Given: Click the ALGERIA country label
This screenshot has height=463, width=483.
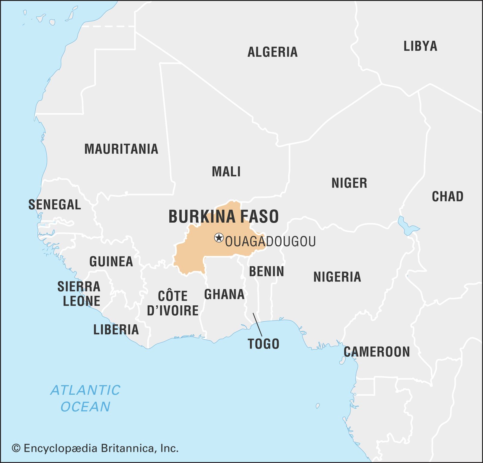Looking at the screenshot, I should [x=272, y=52].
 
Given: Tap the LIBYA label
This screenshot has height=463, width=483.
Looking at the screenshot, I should [x=420, y=46].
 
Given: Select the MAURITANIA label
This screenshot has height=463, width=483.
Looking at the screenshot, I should [x=121, y=149].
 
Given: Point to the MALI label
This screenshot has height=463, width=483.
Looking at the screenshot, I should [x=226, y=172].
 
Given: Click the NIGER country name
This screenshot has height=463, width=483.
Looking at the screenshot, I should [x=349, y=183].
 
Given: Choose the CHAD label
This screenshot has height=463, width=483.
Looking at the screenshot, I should [x=447, y=197].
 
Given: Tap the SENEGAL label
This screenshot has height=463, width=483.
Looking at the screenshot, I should [x=55, y=205].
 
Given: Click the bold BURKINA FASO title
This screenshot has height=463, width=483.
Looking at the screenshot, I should [x=223, y=217].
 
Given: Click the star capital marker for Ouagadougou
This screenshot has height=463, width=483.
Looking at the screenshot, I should [x=219, y=238].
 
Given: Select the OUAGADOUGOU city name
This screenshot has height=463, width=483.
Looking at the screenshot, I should [x=270, y=242].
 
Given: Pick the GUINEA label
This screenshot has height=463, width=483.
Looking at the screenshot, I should [x=111, y=262].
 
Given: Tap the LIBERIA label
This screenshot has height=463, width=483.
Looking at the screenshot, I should [x=116, y=330].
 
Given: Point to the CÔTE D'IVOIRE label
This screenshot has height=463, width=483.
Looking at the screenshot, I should [x=173, y=303].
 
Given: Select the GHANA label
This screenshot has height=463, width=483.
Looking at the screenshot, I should [x=224, y=294].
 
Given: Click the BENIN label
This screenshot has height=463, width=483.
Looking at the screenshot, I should [x=266, y=272].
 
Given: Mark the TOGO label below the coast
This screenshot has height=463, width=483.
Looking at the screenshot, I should [x=263, y=344].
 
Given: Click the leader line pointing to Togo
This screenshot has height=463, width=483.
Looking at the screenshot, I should [x=257, y=325].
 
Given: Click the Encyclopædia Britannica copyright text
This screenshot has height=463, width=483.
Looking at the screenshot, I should [x=95, y=448].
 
